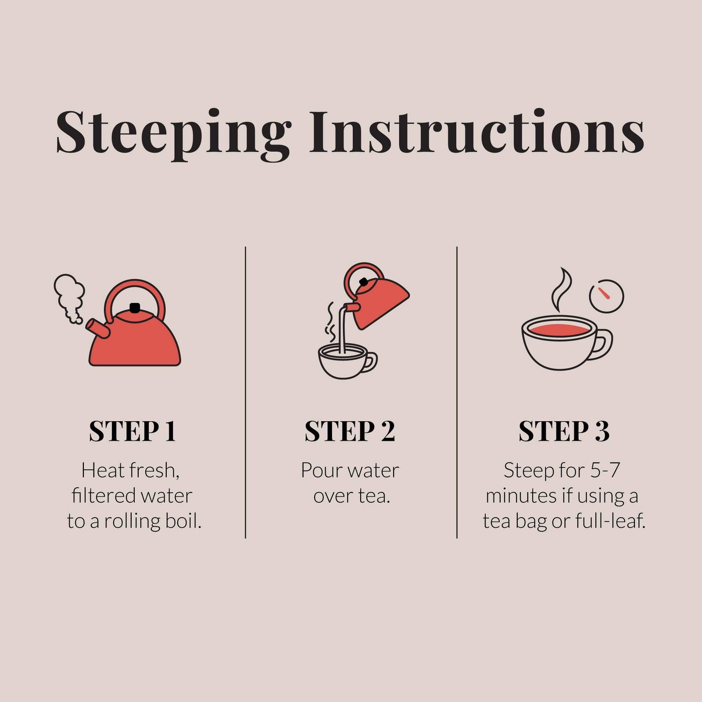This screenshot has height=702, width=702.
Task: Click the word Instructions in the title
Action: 477,132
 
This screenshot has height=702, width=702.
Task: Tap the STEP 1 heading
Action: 133,431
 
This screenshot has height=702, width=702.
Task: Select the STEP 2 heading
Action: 350,431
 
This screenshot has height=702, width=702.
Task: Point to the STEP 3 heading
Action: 564,431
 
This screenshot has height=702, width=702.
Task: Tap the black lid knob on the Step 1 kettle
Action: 135,308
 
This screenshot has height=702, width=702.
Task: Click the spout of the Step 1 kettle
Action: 97,329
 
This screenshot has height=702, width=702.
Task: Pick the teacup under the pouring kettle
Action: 347,361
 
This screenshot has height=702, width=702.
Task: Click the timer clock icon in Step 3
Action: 606,296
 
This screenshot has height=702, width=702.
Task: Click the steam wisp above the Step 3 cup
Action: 562,290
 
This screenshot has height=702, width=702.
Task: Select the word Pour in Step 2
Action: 318,470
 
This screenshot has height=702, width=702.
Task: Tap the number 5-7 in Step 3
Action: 605,470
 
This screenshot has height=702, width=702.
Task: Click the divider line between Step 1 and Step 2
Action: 245,392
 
